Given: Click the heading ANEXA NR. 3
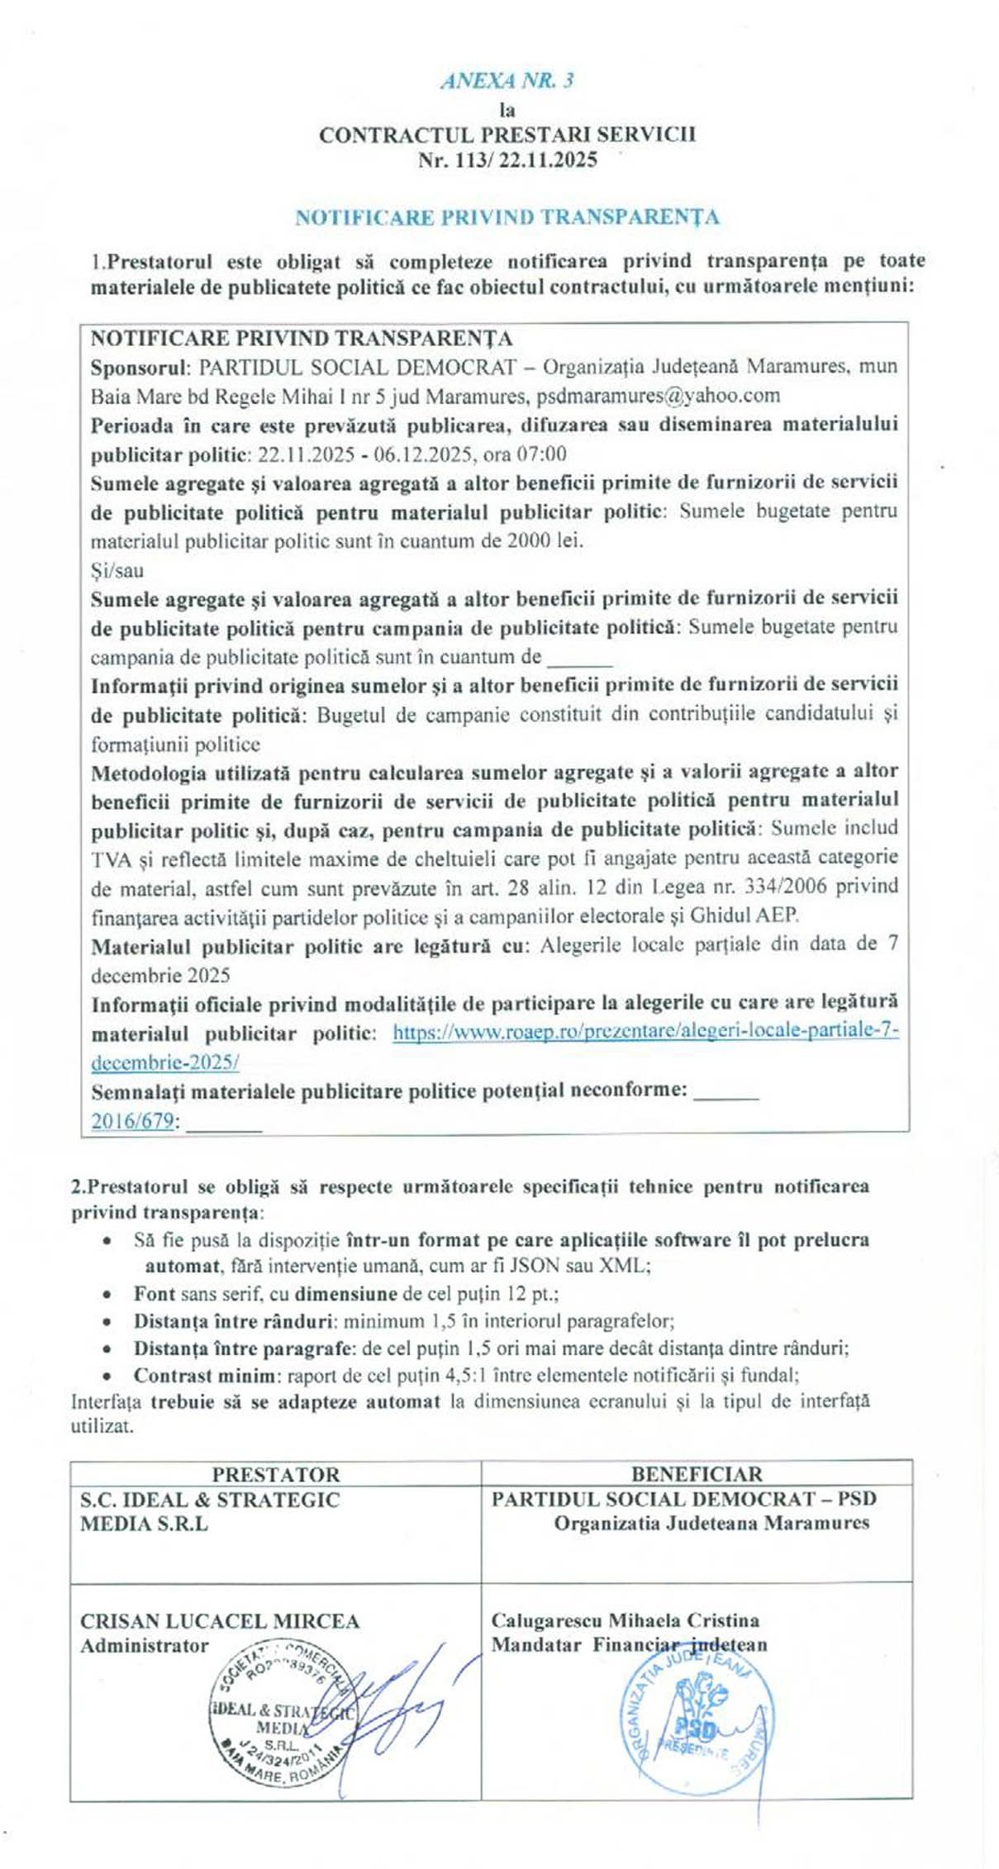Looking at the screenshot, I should [x=507, y=81].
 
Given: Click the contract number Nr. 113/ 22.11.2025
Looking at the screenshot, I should [x=507, y=159].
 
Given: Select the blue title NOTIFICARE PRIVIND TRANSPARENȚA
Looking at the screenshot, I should [x=507, y=217].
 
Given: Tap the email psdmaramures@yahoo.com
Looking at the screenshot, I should [x=658, y=396].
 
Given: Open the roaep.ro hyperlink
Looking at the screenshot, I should [x=645, y=1031].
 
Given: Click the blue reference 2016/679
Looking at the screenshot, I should [x=132, y=1120].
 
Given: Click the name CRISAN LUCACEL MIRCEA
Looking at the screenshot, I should [x=220, y=1621].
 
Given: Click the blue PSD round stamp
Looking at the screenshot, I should [x=698, y=1728].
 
